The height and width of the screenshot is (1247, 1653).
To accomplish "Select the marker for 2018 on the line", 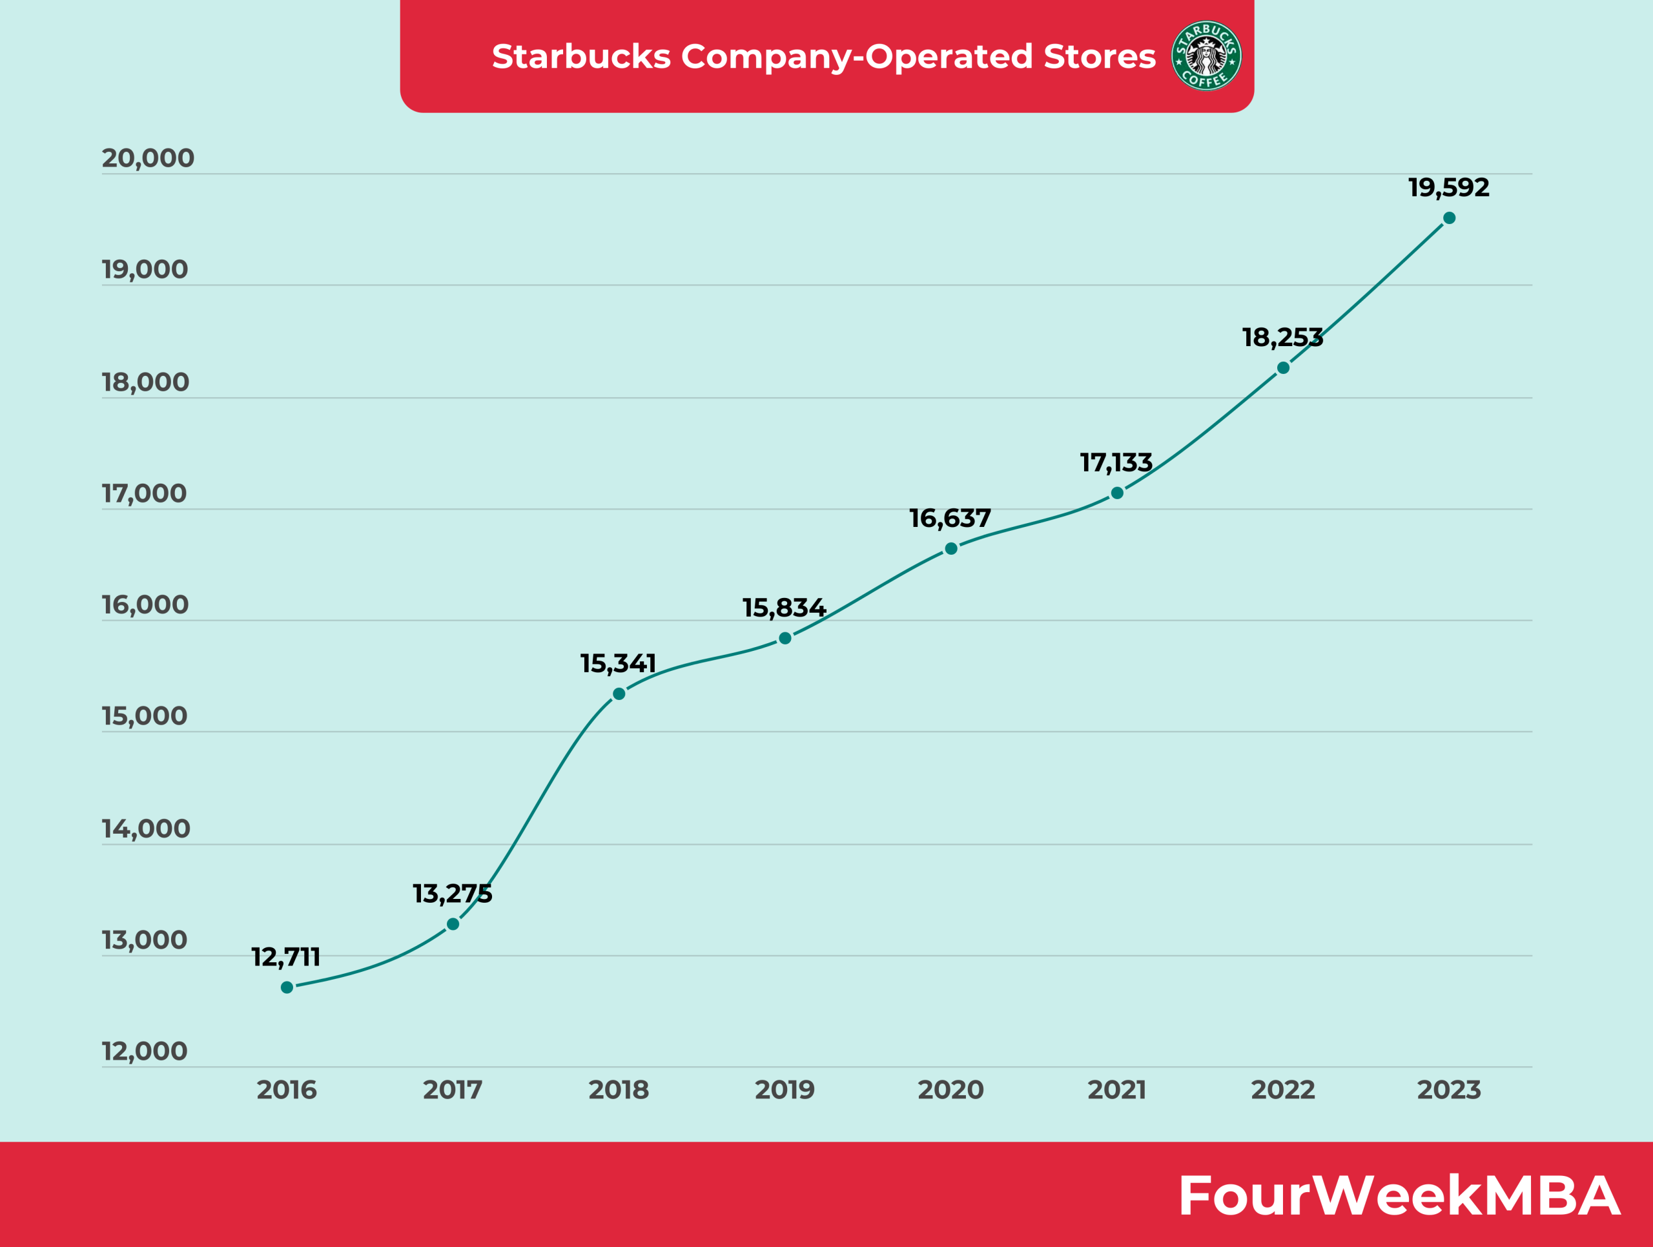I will pyautogui.click(x=619, y=694).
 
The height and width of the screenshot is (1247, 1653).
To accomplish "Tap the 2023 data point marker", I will pyautogui.click(x=1449, y=218).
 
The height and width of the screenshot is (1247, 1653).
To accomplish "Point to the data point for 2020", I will pyautogui.click(x=951, y=548).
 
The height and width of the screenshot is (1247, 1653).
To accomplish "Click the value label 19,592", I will pyautogui.click(x=1448, y=187).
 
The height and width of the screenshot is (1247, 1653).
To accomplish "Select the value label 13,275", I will pyautogui.click(x=452, y=894).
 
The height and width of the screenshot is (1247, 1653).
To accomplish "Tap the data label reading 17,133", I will pyautogui.click(x=1116, y=462).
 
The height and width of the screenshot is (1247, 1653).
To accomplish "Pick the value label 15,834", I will pyautogui.click(x=784, y=608).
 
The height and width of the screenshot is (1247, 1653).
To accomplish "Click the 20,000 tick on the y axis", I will pyautogui.click(x=148, y=158).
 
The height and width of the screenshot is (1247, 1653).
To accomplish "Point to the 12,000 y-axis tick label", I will pyautogui.click(x=145, y=1051).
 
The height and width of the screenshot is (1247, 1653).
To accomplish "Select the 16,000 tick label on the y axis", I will pyautogui.click(x=146, y=605).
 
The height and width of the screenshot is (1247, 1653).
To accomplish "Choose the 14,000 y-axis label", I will pyautogui.click(x=147, y=829).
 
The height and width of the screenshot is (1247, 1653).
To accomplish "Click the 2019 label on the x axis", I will pyautogui.click(x=785, y=1090).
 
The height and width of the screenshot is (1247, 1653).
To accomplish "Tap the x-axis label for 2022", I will pyautogui.click(x=1283, y=1090).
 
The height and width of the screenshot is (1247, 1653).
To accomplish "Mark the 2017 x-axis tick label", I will pyautogui.click(x=452, y=1090).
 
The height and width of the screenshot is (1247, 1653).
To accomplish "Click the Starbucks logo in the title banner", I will pyautogui.click(x=1206, y=56).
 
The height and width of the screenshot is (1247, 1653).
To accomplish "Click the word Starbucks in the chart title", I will pyautogui.click(x=580, y=57).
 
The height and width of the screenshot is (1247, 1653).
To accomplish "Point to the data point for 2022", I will pyautogui.click(x=1283, y=367).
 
